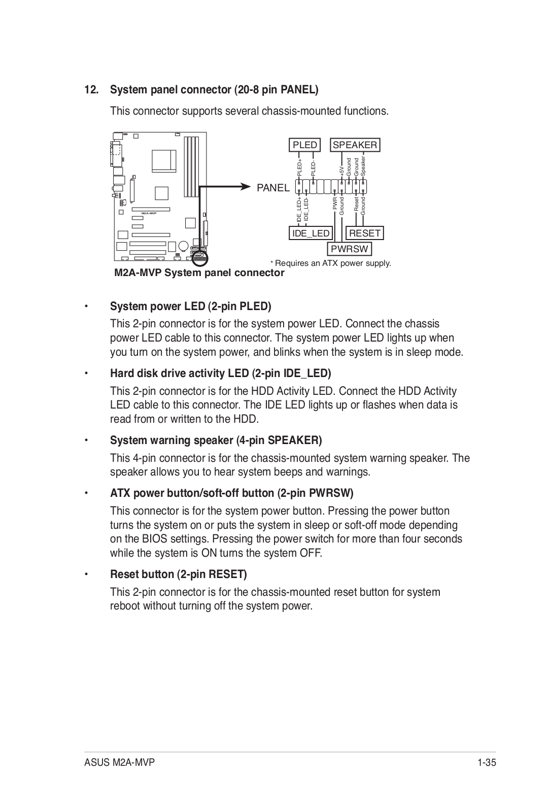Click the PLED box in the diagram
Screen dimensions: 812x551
click(305, 145)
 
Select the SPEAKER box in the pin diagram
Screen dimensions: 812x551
click(355, 145)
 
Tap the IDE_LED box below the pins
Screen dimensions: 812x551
click(311, 233)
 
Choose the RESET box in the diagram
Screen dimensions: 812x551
click(365, 233)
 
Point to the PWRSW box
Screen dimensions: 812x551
click(350, 249)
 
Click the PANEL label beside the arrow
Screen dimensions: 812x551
click(273, 188)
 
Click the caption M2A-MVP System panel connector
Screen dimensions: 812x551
click(199, 273)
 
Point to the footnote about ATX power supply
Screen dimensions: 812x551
click(331, 263)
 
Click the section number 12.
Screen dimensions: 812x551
click(91, 90)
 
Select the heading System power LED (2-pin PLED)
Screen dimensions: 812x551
click(190, 307)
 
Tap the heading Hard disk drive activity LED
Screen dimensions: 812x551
click(220, 374)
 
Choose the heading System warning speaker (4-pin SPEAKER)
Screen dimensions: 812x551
click(216, 441)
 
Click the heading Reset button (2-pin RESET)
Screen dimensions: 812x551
click(178, 574)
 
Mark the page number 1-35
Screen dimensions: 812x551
click(486, 763)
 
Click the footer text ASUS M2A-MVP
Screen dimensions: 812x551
click(120, 763)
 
